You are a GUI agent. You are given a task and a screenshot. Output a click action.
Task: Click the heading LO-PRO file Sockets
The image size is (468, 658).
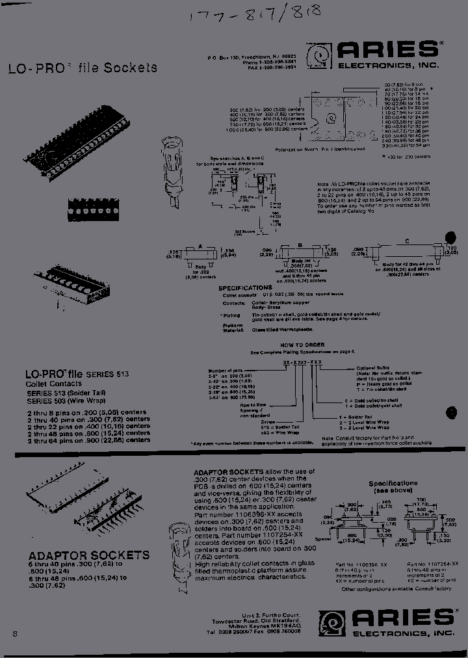(x=82, y=68)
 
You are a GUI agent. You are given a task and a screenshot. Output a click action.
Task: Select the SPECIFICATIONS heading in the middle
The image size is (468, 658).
(x=245, y=287)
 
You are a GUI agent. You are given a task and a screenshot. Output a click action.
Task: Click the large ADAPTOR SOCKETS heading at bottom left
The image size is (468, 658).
(x=89, y=555)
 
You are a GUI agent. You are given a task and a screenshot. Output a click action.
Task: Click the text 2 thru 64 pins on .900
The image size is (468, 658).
(x=88, y=440)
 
